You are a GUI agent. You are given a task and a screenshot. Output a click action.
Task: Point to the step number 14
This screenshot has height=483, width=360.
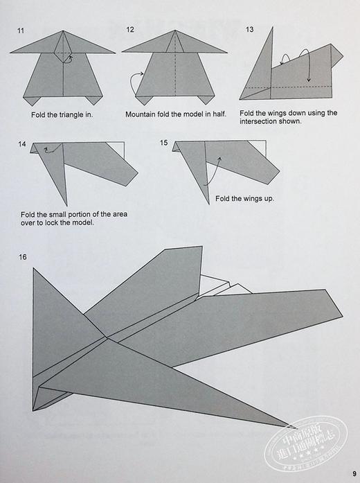23,144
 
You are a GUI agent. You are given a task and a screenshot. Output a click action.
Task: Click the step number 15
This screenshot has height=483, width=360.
164,143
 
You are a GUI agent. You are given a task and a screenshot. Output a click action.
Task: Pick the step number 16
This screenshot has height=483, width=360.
24,257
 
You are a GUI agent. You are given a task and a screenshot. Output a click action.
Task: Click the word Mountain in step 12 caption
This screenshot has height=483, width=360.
143,115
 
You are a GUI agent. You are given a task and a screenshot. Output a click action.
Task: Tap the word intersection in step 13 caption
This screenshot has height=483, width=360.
262,121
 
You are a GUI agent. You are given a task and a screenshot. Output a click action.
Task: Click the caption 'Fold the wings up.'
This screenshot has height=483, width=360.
244,199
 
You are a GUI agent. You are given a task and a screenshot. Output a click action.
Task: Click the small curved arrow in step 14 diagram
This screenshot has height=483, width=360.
47,148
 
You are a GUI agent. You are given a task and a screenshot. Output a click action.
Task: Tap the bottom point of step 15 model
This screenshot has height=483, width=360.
208,204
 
